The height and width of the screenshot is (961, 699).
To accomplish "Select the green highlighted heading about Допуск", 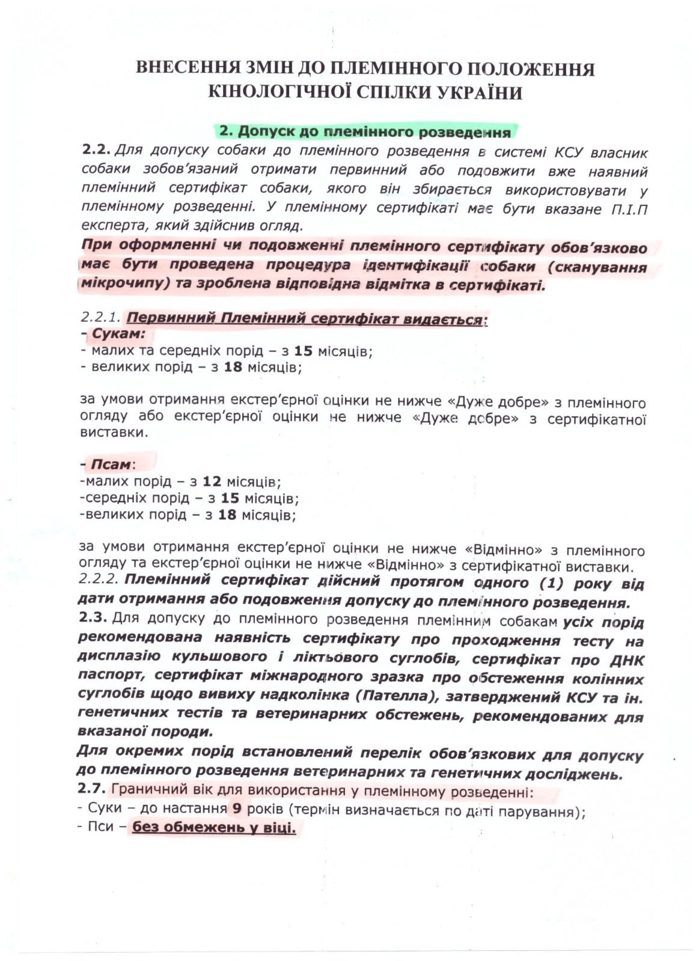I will pyautogui.click(x=365, y=132).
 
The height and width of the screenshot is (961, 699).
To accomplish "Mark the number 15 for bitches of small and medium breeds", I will pyautogui.click(x=303, y=351).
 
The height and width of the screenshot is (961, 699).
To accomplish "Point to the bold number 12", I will pyautogui.click(x=212, y=481).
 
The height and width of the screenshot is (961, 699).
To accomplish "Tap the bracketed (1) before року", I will pyautogui.click(x=554, y=583).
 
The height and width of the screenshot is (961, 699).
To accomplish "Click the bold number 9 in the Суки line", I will pyautogui.click(x=237, y=808).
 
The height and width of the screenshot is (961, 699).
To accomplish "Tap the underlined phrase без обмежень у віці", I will pyautogui.click(x=214, y=828).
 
